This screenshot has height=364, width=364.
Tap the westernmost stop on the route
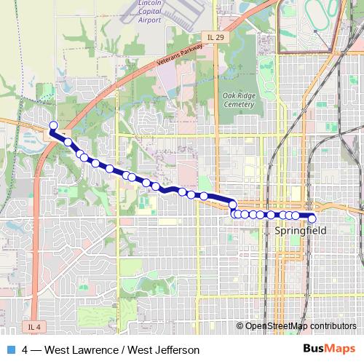[x=53, y=125]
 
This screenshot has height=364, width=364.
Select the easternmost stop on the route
[x=312, y=218]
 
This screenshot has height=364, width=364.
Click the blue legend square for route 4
[x=10, y=350]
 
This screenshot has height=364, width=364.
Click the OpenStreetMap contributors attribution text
[x=300, y=326]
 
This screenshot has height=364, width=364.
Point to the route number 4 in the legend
[x=25, y=350]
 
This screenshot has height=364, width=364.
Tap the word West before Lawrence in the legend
[x=59, y=350]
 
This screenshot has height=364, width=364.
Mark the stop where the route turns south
[x=233, y=205]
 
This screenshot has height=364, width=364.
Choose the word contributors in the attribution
[x=332, y=326]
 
